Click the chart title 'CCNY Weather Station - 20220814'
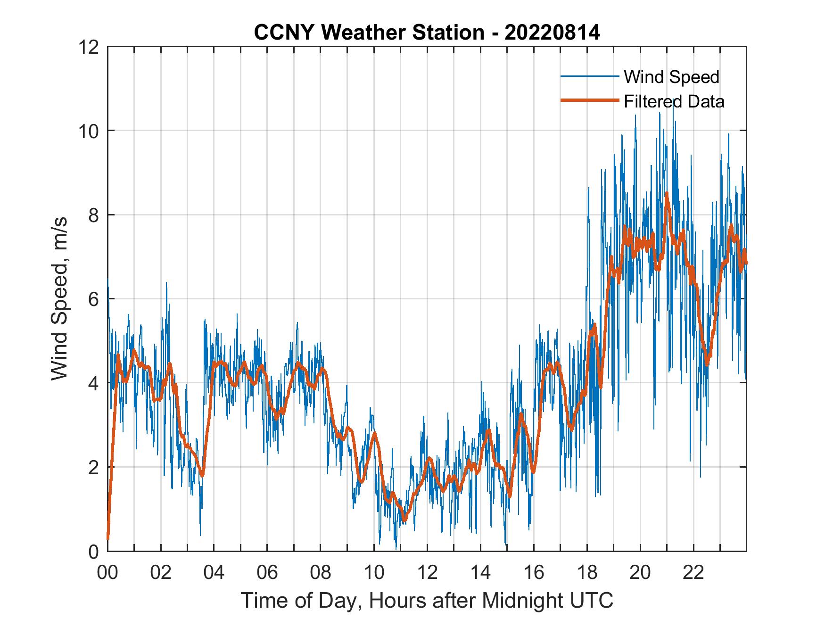pos(427,33)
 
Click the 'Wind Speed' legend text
pos(671,77)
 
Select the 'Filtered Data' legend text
pos(674,101)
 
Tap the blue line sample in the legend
pos(589,76)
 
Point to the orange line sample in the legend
pos(589,101)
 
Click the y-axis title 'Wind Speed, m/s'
pos(60,298)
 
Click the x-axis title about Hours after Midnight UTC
pos(427,601)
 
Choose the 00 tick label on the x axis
pos(107,573)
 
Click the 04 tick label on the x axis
pos(214,573)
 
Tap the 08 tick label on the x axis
pos(321,573)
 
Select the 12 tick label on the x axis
pos(427,573)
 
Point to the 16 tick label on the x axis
pos(534,573)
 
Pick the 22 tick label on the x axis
pos(693,573)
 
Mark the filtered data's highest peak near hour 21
pos(667,193)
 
